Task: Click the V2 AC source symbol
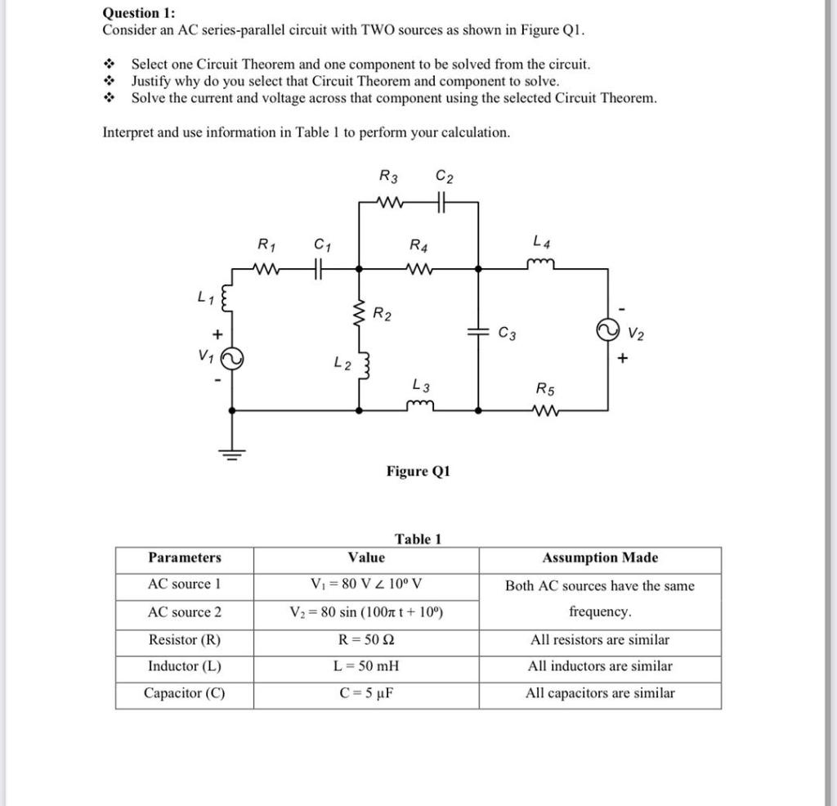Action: click(607, 331)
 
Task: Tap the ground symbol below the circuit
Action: click(233, 454)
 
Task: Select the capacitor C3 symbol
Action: click(478, 332)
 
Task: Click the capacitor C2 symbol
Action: click(442, 201)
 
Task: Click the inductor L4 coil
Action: click(540, 262)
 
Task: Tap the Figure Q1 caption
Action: click(418, 472)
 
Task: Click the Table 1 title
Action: click(418, 539)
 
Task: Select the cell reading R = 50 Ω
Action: click(365, 639)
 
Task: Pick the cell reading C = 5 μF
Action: click(365, 693)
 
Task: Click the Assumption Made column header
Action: click(599, 558)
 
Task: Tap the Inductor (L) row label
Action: click(184, 666)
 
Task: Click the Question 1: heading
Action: click(138, 13)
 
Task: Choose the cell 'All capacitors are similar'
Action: click(599, 693)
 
